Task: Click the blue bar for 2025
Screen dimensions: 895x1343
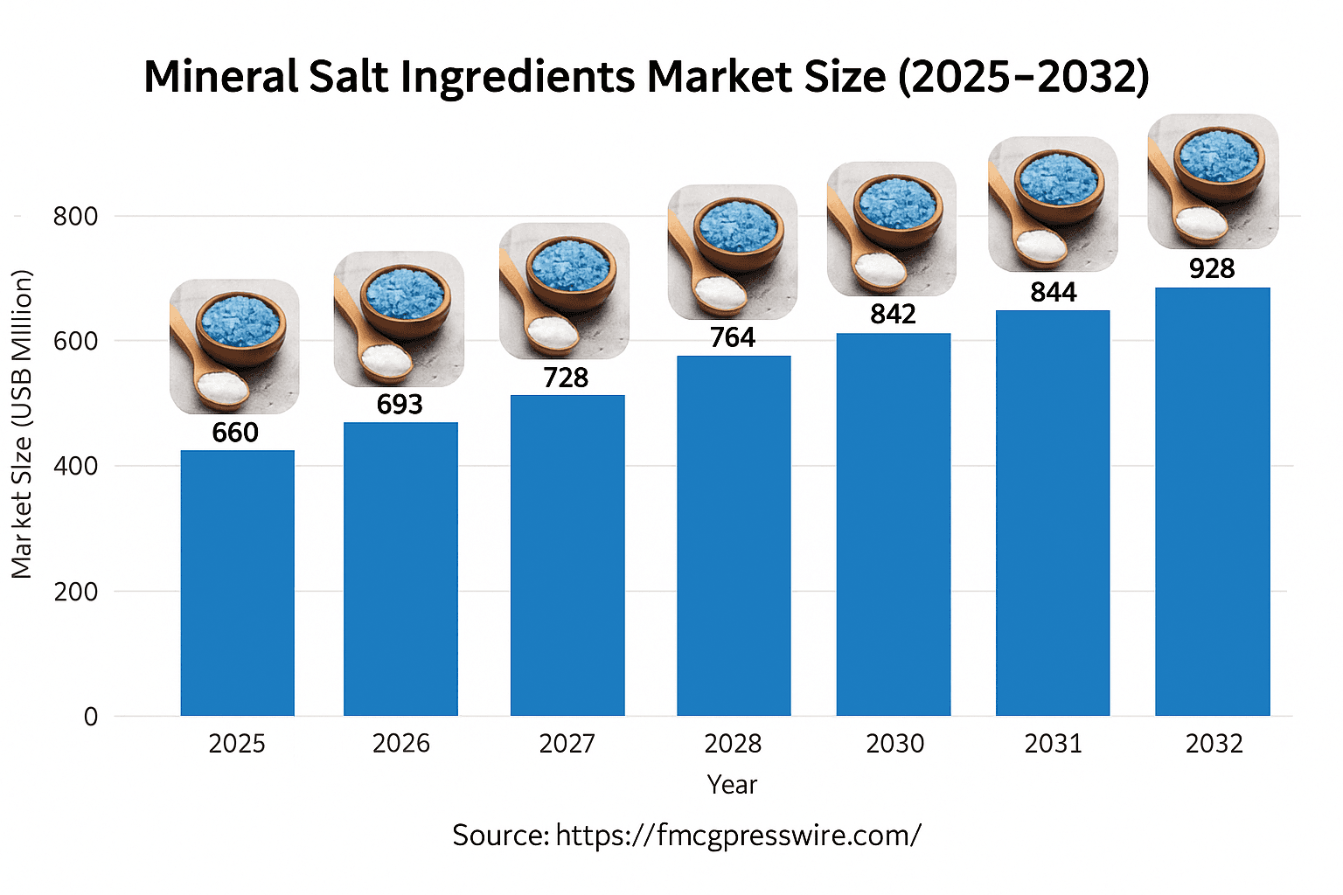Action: (x=237, y=583)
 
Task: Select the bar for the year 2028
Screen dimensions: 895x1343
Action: (x=734, y=535)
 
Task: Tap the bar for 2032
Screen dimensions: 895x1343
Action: (x=1212, y=502)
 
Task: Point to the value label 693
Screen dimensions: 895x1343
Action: (x=400, y=405)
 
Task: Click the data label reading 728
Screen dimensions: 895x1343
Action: (x=566, y=378)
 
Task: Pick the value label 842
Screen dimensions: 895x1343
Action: (x=893, y=315)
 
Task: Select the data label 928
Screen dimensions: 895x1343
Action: (x=1212, y=269)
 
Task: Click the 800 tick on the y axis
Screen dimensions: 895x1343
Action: (x=75, y=216)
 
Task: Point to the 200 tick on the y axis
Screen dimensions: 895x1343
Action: (x=75, y=592)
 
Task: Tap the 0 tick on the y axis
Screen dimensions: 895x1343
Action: (x=91, y=717)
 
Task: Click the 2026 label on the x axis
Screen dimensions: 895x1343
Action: (x=401, y=744)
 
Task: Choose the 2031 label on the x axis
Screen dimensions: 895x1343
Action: (x=1053, y=744)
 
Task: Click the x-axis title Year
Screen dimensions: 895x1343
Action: (x=732, y=785)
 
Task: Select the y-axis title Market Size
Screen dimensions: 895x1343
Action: (x=22, y=424)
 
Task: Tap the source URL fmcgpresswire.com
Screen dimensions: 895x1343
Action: (x=738, y=836)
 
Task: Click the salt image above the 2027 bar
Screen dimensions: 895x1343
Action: (x=564, y=291)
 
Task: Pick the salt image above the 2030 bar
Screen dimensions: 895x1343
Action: (x=892, y=228)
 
